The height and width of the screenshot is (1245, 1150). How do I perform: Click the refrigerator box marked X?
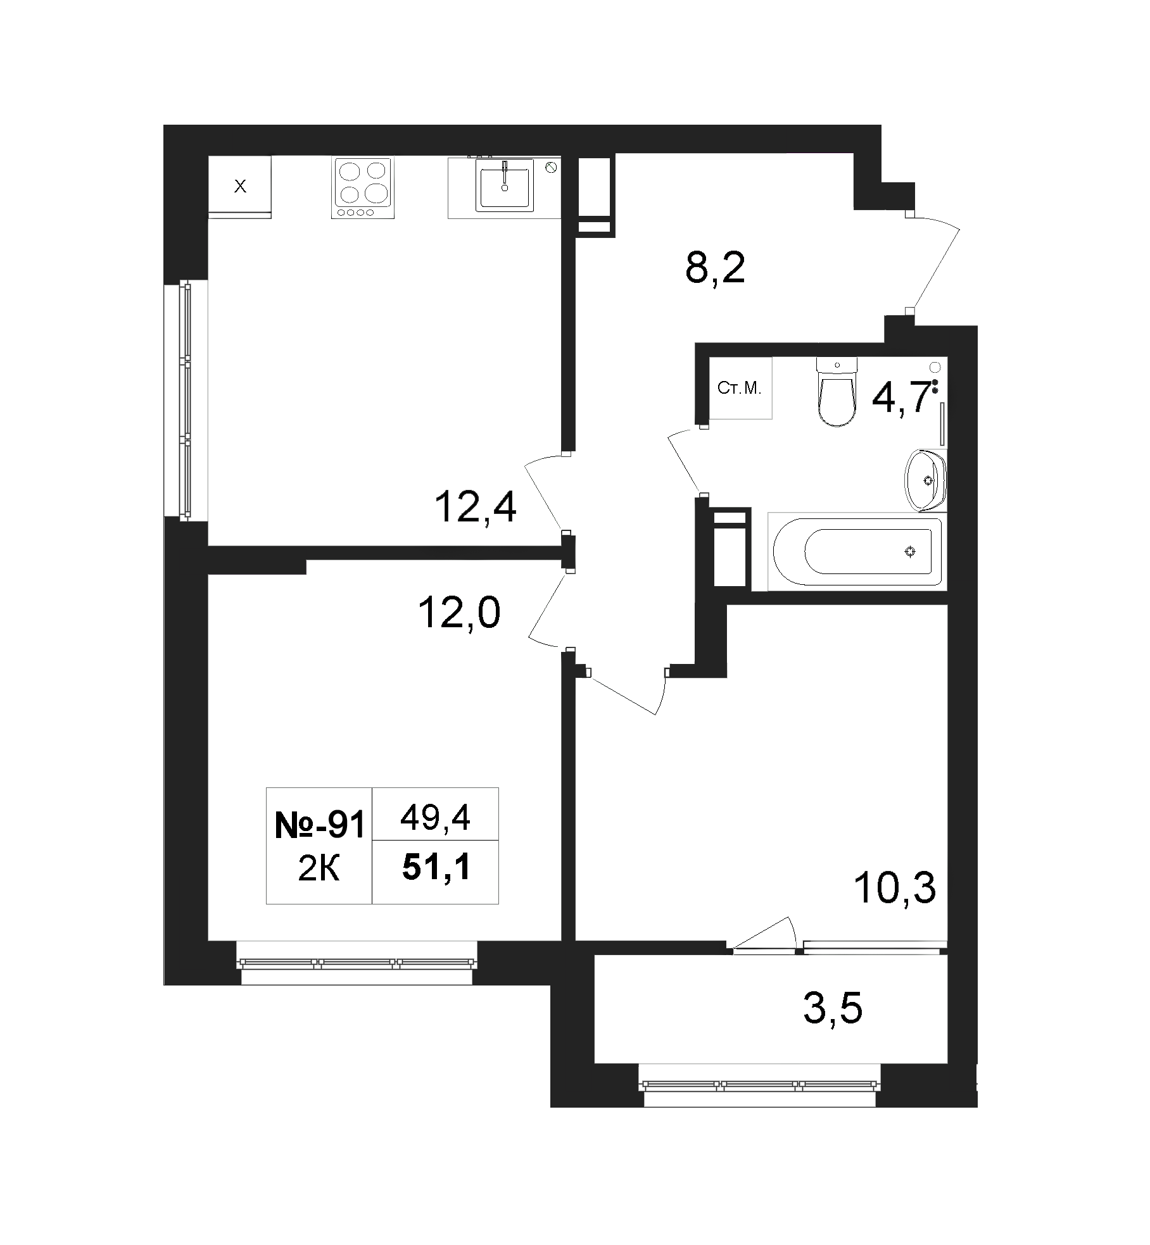[x=240, y=186]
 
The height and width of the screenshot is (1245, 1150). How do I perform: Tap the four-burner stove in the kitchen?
[x=362, y=189]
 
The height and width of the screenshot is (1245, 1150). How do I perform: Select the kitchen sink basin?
[x=505, y=185]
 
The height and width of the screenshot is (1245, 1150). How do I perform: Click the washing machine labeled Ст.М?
[x=740, y=388]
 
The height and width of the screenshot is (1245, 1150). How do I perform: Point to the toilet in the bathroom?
[x=837, y=392]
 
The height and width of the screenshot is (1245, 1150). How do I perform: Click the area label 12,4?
[x=476, y=508]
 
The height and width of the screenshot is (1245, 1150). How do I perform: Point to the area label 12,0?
[x=460, y=613]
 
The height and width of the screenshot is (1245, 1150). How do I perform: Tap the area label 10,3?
[x=895, y=889]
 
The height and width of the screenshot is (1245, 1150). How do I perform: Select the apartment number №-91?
[x=320, y=826]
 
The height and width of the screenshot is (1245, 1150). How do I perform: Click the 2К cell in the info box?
[x=319, y=870]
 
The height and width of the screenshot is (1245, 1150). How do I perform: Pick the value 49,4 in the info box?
[x=435, y=820]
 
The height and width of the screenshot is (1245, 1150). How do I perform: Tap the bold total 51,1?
[x=436, y=866]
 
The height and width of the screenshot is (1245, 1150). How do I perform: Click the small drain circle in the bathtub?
[x=910, y=553]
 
